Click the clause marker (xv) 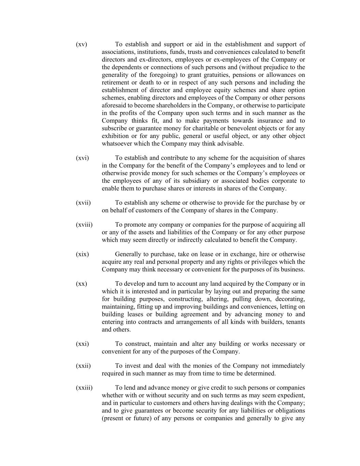coord(82,44)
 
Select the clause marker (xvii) coord(83,203)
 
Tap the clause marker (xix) coord(82,254)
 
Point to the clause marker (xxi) coord(82,344)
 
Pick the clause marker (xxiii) coord(84,388)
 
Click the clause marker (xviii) coord(84,225)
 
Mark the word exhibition coord(115,136)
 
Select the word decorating coord(290,299)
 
